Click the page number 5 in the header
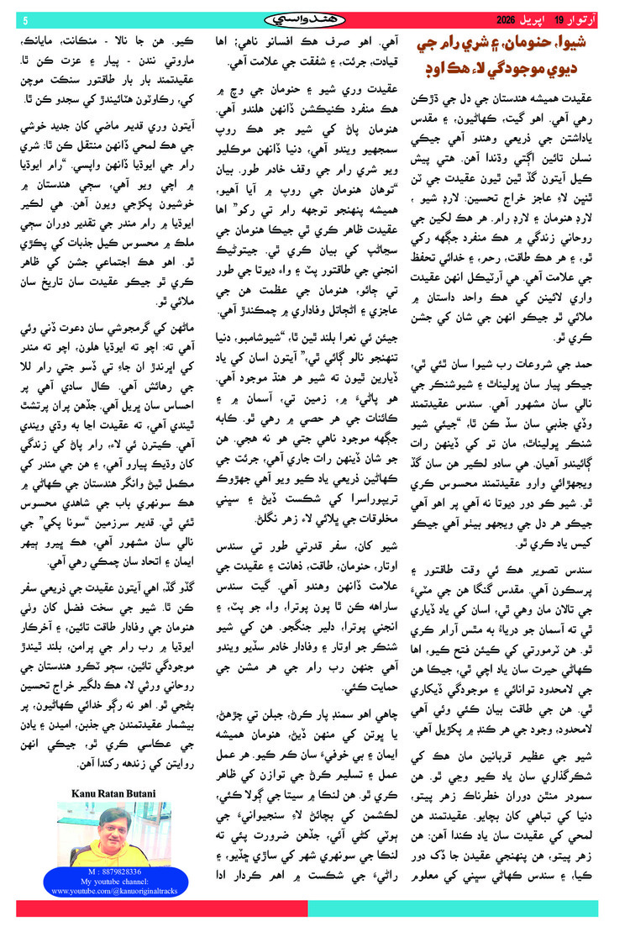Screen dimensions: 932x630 tap(25, 19)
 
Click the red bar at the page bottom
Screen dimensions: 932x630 tap(160, 908)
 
